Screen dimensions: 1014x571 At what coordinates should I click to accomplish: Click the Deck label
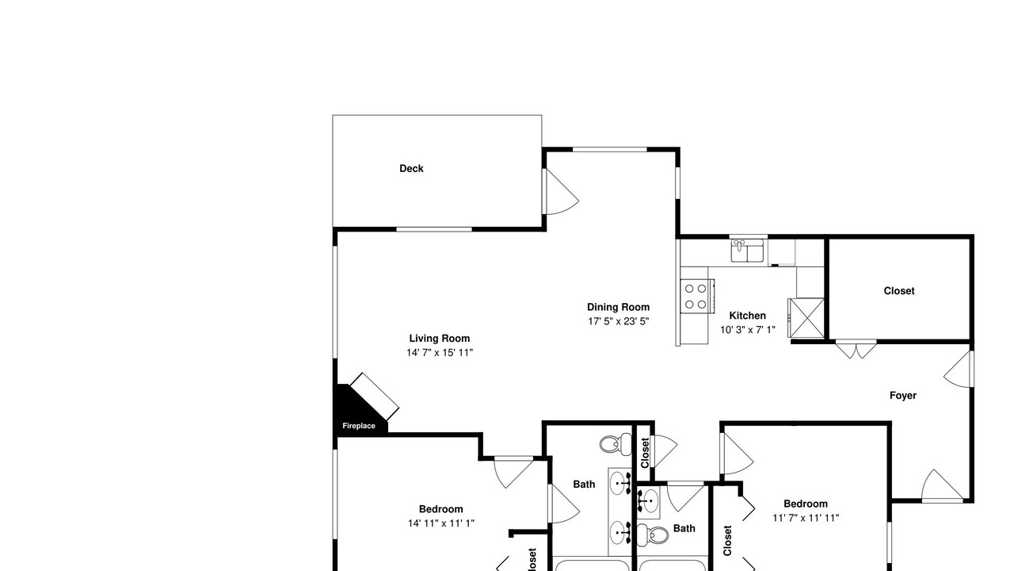411,169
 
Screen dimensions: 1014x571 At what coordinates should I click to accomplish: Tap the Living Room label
440,339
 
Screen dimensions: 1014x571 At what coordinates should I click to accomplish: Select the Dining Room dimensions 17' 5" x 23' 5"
619,321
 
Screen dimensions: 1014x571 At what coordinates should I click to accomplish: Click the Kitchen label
747,316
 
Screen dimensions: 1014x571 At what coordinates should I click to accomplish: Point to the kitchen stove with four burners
696,296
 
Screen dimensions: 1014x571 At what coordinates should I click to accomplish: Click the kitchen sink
747,251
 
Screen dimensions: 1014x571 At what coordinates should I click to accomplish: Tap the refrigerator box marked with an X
806,318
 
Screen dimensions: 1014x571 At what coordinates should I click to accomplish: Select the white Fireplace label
359,426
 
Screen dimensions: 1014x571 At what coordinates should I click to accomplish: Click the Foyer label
902,396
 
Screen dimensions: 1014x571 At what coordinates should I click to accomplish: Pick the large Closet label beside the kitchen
899,291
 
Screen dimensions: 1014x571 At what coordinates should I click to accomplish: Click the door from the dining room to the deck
562,192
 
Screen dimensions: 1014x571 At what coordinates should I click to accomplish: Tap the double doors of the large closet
856,350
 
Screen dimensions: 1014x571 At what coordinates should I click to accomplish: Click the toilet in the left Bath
616,444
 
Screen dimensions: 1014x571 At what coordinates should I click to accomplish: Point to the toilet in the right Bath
652,535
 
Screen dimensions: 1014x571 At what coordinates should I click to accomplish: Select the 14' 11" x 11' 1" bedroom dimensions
441,523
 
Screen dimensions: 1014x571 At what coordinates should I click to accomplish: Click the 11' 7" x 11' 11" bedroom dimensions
806,518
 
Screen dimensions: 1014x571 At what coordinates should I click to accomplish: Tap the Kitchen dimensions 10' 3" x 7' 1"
748,330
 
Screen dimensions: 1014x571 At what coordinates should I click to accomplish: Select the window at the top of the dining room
610,150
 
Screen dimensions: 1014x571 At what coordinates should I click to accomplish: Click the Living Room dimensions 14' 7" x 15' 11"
440,353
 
